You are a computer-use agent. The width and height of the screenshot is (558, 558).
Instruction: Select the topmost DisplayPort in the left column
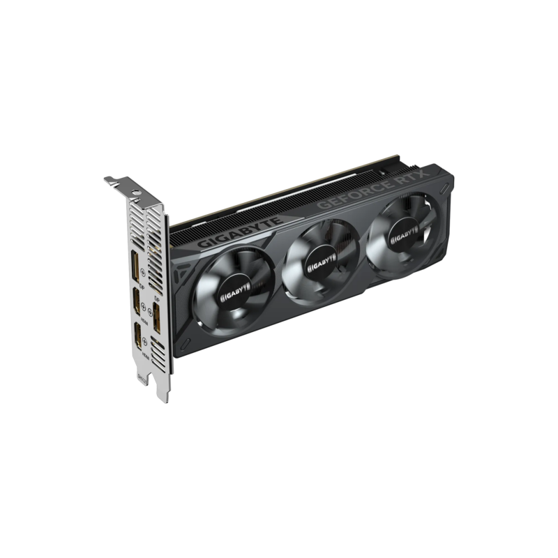(133, 268)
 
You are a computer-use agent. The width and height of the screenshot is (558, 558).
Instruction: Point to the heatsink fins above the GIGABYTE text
(230, 216)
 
